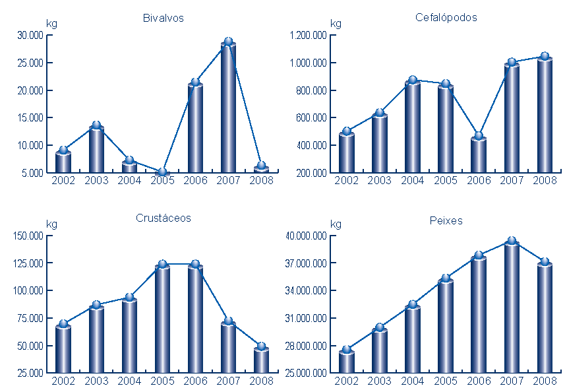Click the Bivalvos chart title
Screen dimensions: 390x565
click(x=163, y=18)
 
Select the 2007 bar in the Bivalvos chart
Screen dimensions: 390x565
click(x=228, y=109)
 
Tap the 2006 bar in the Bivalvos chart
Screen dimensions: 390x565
click(x=195, y=129)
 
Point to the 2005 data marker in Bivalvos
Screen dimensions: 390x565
click(x=162, y=172)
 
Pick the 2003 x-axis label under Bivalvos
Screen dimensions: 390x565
click(x=96, y=179)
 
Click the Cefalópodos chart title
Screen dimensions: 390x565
click(x=446, y=18)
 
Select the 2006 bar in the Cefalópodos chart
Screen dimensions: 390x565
click(x=479, y=155)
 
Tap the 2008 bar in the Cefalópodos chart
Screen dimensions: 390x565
click(x=545, y=115)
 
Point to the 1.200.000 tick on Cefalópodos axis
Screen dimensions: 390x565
click(x=307, y=36)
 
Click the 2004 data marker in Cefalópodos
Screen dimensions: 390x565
click(x=413, y=81)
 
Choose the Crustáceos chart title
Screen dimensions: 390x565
click(x=163, y=218)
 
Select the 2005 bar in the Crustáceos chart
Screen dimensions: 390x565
click(x=162, y=320)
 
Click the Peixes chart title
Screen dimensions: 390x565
click(x=446, y=221)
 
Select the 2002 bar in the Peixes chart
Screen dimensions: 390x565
click(x=347, y=362)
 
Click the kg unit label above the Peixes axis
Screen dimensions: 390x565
click(x=336, y=224)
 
